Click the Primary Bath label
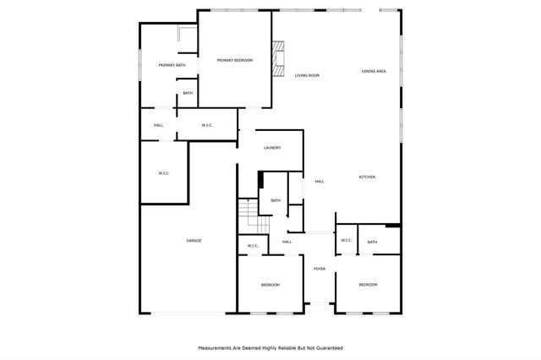(172, 65)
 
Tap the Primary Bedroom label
(234, 60)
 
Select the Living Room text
(307, 76)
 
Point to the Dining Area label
(374, 71)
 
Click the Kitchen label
(367, 177)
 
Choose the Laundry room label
(271, 148)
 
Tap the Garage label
(194, 241)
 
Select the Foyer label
(320, 269)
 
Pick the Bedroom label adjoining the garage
(270, 285)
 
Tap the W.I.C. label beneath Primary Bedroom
(207, 126)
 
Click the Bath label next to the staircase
(275, 200)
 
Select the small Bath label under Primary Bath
(188, 93)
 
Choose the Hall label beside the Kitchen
(320, 181)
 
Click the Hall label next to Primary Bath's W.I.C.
(158, 126)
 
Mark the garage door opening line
(189, 314)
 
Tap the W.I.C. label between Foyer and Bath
(346, 241)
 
